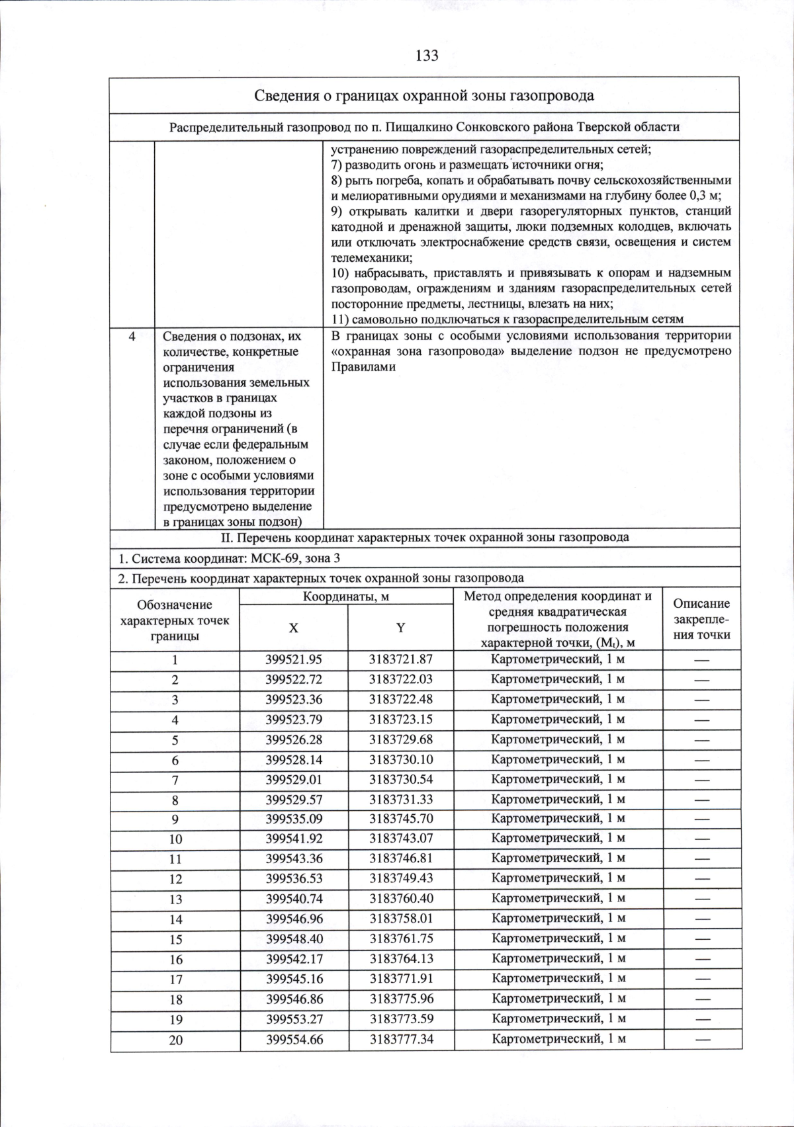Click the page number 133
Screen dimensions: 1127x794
(427, 56)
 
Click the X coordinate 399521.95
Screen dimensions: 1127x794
(294, 659)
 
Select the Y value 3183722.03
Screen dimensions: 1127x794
(400, 679)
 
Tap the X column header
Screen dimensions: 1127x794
(293, 628)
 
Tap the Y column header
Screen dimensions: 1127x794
(400, 628)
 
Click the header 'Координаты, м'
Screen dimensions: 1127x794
(346, 597)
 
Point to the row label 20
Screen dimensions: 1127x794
(175, 1040)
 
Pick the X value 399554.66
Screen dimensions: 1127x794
(294, 1040)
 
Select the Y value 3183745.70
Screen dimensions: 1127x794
(401, 819)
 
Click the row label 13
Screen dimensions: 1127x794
(175, 899)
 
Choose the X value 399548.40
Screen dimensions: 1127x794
(294, 939)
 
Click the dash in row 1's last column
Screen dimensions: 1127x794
(701, 660)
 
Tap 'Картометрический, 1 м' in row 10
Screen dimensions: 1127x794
(558, 839)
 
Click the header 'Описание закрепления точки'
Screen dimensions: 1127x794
(701, 619)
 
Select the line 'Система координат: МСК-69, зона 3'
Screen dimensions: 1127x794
(229, 558)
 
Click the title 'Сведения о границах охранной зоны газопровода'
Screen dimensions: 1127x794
(424, 95)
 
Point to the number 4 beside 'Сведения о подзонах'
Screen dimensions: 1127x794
(132, 337)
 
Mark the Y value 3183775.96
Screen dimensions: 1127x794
(402, 999)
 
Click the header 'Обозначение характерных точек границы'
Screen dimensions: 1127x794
(175, 620)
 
